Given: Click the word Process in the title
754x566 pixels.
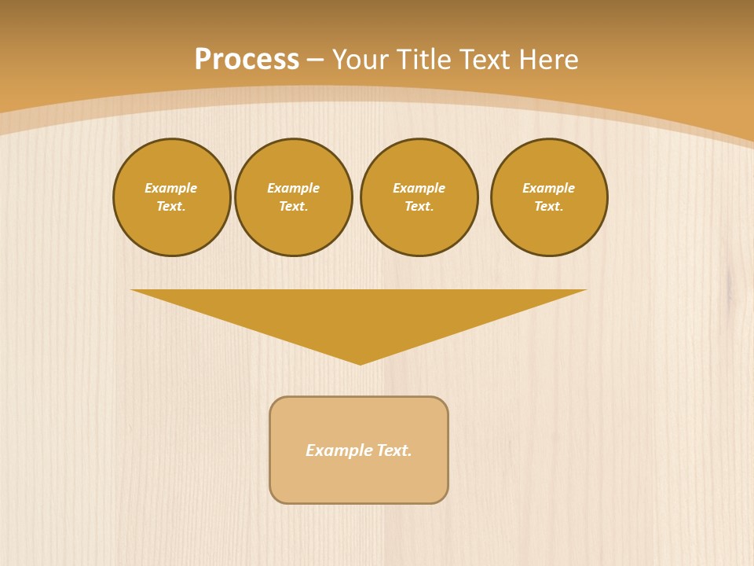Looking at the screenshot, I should pos(247,60).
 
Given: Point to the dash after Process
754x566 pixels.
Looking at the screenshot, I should pos(315,61).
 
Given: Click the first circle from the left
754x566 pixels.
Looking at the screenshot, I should pos(172,197).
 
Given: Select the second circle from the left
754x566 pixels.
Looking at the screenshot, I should pos(294,197).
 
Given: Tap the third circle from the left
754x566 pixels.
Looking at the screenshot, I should pos(419,197).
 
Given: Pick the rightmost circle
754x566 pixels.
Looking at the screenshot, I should pos(549,197).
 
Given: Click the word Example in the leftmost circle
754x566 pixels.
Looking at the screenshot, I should pos(171,188).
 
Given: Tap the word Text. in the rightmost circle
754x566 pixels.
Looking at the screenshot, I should pos(549,207).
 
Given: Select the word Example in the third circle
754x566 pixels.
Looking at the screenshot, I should pos(419,188).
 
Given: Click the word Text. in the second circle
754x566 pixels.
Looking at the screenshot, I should pos(294,207).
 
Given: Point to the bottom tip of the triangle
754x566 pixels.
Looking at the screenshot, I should pos(361,362).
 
